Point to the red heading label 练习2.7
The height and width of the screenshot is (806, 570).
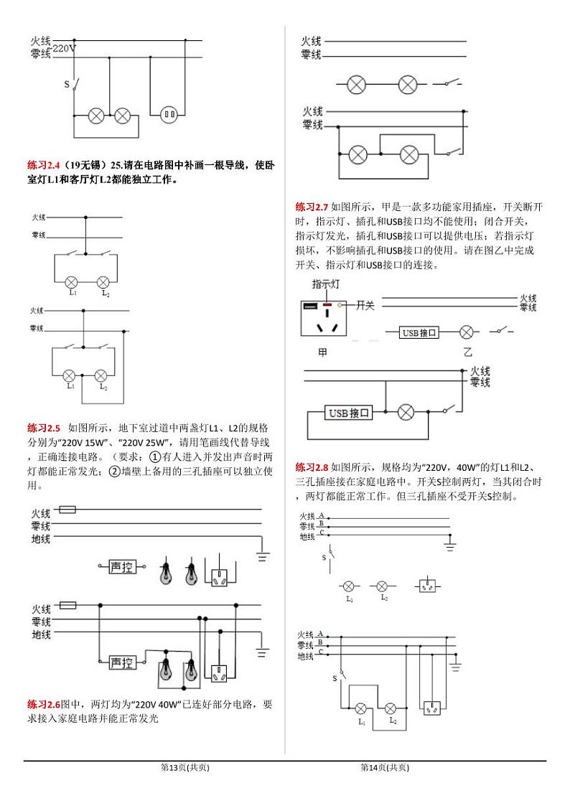(312, 207)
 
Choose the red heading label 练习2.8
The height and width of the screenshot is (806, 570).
(312, 467)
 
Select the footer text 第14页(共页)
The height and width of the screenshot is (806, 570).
(385, 767)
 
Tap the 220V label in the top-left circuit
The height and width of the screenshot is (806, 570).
(65, 49)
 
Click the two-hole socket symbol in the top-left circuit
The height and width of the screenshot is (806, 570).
(169, 113)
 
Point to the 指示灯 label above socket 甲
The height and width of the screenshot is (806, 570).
(326, 285)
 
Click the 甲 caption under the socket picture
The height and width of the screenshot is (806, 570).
(322, 352)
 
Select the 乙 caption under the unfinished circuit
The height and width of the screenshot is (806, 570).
(467, 352)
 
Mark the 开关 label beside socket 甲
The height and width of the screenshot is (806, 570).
(365, 306)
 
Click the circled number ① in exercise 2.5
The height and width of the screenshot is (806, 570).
(154, 456)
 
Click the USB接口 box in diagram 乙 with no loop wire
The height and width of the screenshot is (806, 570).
(419, 332)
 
